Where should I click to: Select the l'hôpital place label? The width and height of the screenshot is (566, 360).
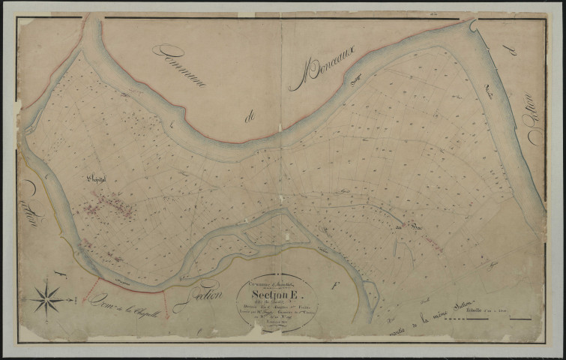[x=97, y=180]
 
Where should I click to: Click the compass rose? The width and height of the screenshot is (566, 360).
[x=48, y=298]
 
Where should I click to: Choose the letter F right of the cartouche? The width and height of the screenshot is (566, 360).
[x=334, y=285]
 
